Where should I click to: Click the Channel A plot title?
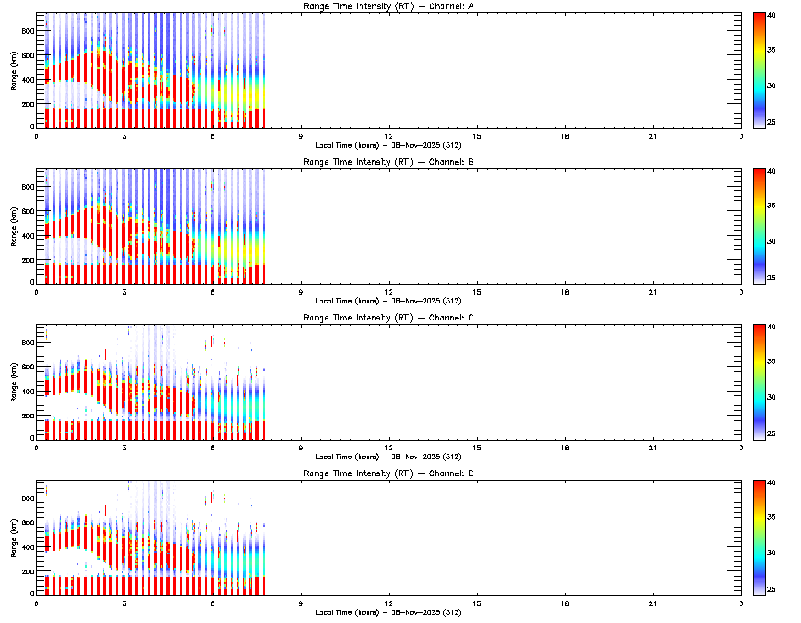pos(388,7)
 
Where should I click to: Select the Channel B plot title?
pos(388,163)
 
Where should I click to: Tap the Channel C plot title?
pos(388,318)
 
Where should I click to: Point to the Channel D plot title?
pos(388,473)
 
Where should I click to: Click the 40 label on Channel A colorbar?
pos(773,15)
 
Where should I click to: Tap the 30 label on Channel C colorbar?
pos(773,397)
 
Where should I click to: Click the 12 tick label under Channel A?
pos(389,136)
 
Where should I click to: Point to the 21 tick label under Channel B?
pos(653,292)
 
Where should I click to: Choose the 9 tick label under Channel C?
pos(301,448)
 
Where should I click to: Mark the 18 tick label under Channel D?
pos(565,603)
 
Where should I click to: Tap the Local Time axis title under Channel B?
pos(388,301)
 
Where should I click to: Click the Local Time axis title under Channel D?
pos(388,612)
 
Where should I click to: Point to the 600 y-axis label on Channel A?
pos(27,56)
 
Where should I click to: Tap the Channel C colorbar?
pos(759,382)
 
